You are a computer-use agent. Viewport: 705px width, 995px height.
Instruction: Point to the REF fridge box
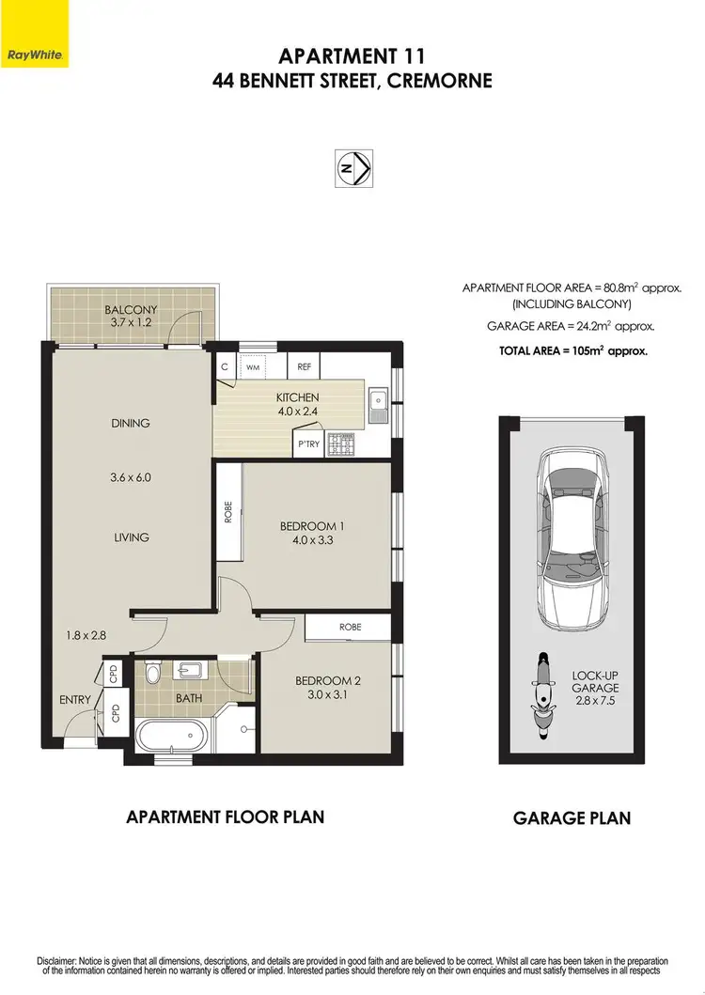(305, 367)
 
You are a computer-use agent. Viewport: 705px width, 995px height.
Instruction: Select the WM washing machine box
(252, 367)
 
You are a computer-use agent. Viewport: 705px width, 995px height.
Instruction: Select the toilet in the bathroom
(154, 673)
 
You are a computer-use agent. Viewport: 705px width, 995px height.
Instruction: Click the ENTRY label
(75, 699)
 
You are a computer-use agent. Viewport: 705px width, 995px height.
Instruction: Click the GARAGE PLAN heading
(572, 817)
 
